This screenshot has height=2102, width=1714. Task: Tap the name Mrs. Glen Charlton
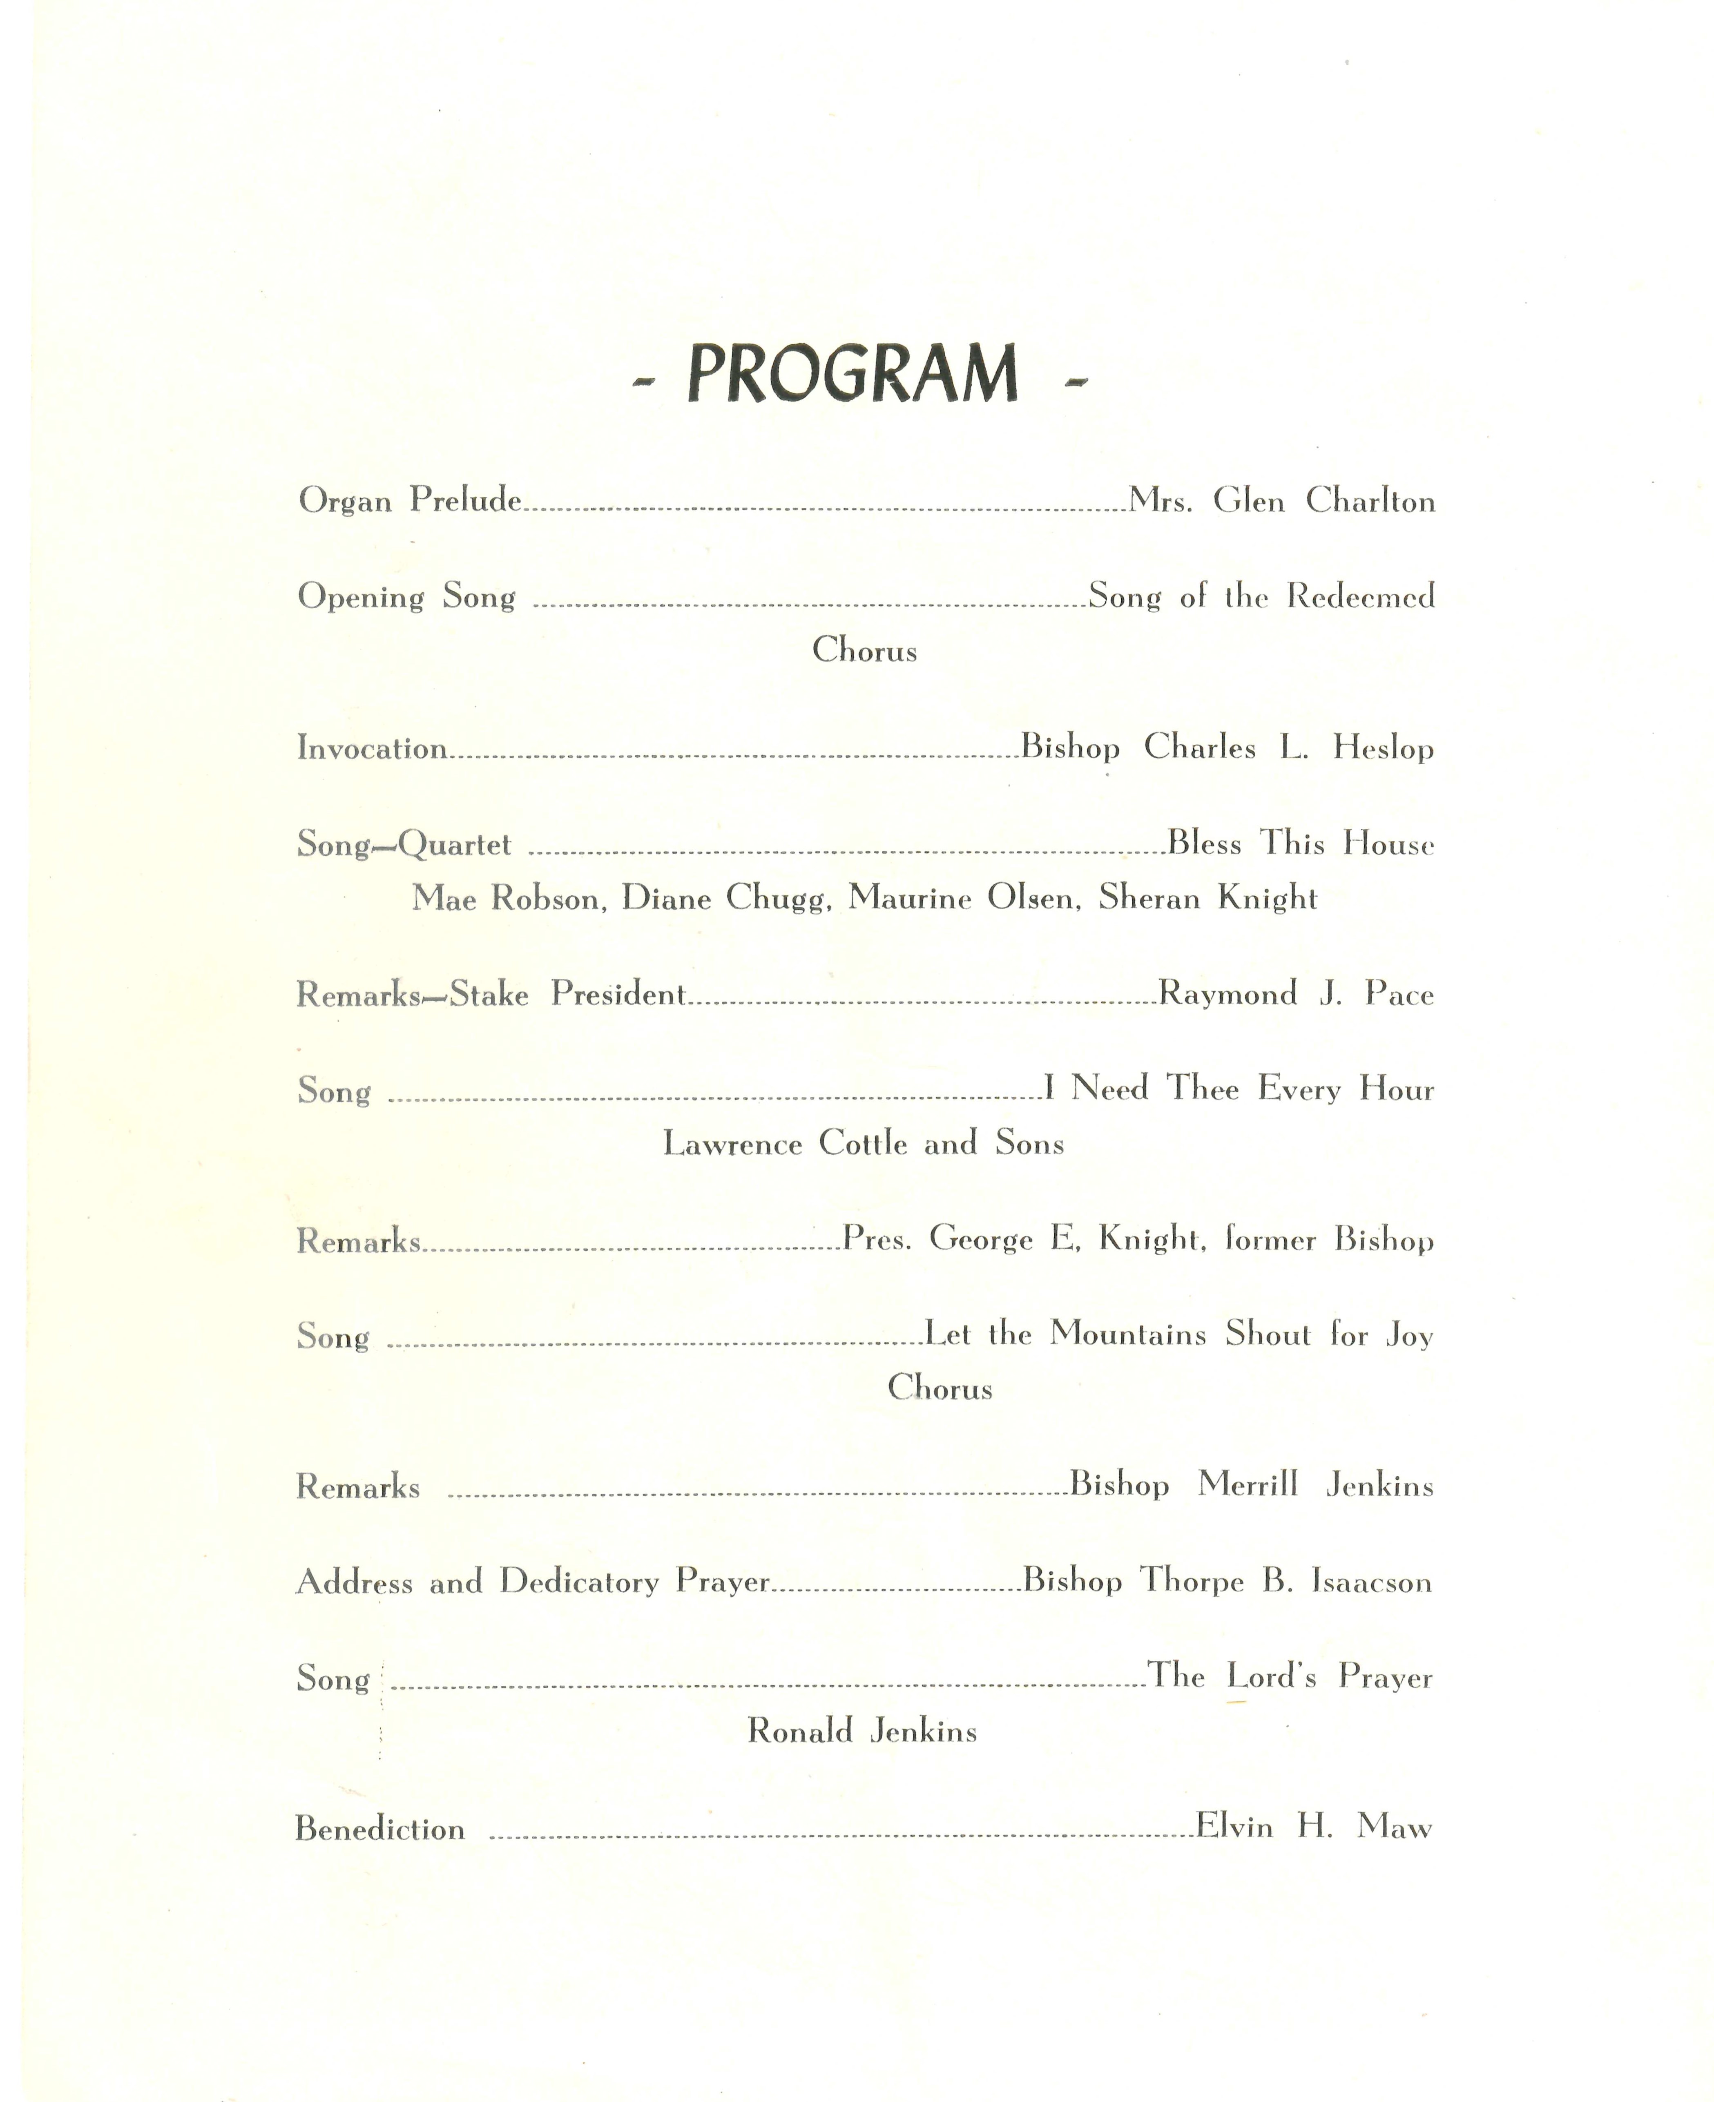point(1281,502)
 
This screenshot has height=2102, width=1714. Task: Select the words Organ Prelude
point(410,500)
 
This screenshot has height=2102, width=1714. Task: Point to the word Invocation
point(372,748)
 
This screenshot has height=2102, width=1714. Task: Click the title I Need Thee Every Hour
point(1238,1089)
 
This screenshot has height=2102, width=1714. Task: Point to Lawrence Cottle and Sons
point(863,1143)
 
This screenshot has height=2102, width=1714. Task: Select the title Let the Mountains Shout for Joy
point(1178,1335)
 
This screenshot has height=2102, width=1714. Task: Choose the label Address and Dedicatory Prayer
point(532,1582)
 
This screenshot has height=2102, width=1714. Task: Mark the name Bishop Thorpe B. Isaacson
point(1226,1582)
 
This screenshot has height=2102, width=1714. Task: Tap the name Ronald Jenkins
point(862,1731)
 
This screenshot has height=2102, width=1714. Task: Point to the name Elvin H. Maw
point(1313,1827)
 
